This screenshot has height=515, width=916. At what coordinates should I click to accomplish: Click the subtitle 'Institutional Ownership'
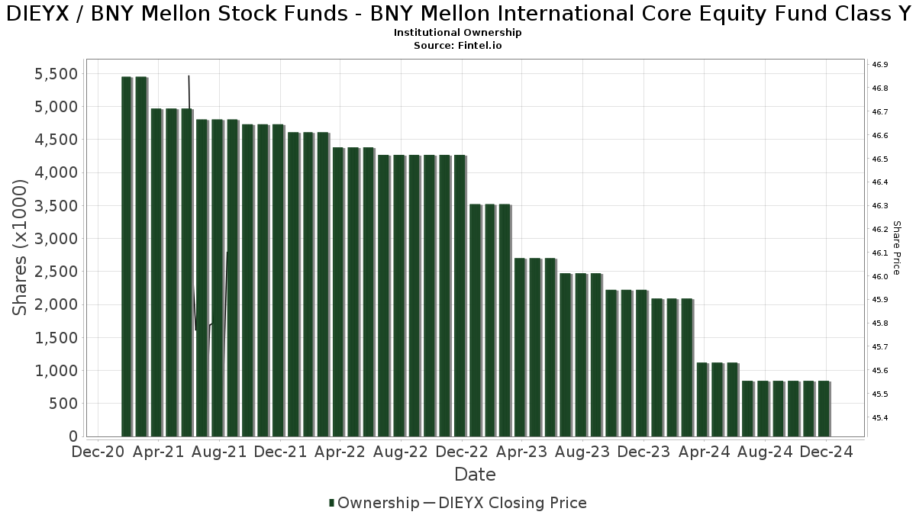(x=457, y=33)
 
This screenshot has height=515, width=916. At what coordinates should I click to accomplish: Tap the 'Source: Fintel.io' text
(x=457, y=46)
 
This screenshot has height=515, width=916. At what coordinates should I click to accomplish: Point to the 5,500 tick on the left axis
(x=56, y=74)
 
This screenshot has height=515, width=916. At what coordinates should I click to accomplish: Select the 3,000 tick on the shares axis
(x=56, y=239)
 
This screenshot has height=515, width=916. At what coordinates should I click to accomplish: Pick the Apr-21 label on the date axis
(x=158, y=452)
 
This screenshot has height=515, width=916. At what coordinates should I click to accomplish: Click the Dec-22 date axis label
(x=461, y=452)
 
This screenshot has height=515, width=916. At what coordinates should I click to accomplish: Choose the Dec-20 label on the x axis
(x=98, y=452)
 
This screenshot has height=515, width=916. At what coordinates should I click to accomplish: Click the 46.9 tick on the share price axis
(x=879, y=65)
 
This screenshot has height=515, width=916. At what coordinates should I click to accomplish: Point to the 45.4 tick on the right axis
(x=879, y=418)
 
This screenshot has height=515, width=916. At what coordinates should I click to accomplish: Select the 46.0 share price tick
(x=879, y=277)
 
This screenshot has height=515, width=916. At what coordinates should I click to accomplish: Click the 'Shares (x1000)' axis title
(x=21, y=247)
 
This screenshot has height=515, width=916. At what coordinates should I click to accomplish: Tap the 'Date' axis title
(x=475, y=475)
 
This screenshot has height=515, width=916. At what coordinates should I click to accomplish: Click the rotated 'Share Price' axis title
(x=897, y=248)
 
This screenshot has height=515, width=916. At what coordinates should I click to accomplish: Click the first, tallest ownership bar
(x=127, y=256)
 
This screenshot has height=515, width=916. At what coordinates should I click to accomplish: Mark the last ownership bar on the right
(x=824, y=409)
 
